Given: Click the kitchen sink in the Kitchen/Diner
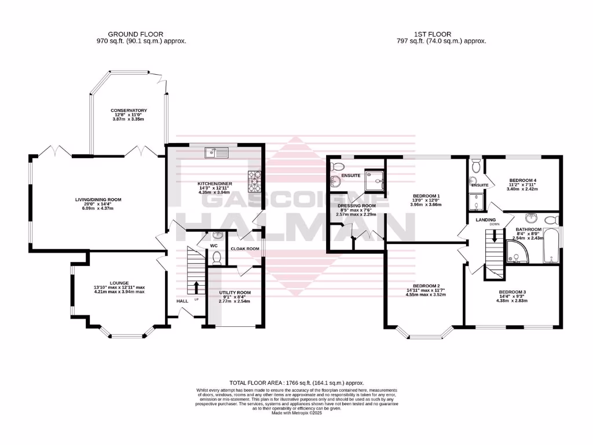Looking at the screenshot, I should point(216,152).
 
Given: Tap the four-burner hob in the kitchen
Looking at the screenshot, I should point(255,181).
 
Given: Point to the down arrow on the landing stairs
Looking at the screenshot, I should point(494,236).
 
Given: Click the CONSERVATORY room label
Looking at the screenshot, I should point(129,110).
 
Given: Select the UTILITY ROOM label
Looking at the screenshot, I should point(235,293).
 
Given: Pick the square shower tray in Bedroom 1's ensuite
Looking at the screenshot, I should point(375,183).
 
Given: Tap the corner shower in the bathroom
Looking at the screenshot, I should point(515,253).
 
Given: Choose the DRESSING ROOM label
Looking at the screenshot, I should point(356,206).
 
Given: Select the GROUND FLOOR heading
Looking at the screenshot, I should point(136,34).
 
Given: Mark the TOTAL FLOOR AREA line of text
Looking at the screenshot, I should point(296,383).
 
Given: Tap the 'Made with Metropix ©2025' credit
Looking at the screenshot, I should point(296,412).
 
